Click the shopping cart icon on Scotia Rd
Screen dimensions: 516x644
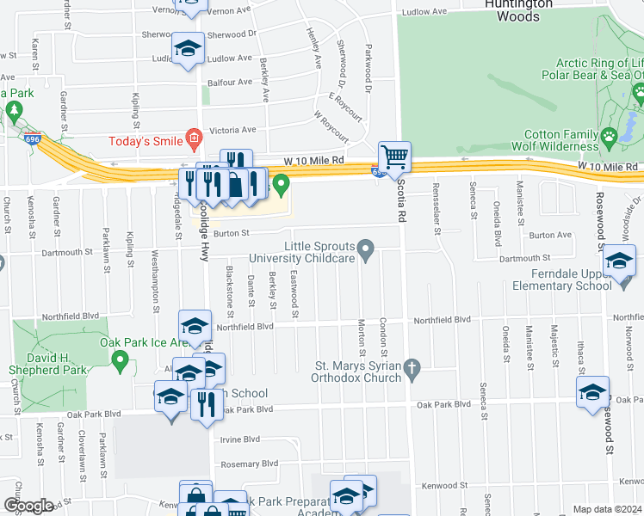tap(394, 157)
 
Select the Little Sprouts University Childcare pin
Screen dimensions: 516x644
tap(366, 251)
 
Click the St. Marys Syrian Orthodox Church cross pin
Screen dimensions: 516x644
tap(412, 371)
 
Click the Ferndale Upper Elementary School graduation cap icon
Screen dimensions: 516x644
tap(618, 261)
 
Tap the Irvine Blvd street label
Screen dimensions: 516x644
tap(239, 439)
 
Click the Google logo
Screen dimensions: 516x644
tap(28, 506)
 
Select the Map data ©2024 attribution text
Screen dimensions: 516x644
tap(607, 509)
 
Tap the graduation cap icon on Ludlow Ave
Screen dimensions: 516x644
tap(188, 49)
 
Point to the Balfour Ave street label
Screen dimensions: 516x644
tap(233, 83)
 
